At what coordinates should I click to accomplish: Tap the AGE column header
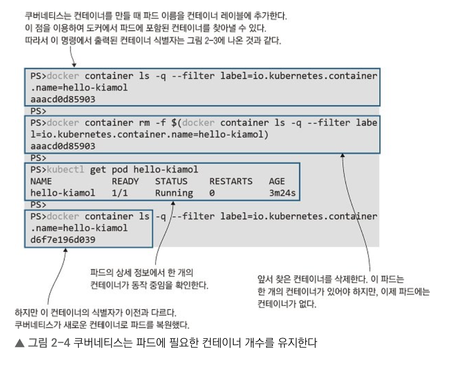tap(277, 181)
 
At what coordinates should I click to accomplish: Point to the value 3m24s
tap(283, 193)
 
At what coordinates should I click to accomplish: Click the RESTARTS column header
tap(231, 181)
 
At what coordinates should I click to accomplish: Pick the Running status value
tap(174, 193)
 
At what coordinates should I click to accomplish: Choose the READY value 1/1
tap(120, 193)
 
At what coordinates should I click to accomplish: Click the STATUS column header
tap(171, 181)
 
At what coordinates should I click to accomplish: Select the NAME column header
tap(41, 181)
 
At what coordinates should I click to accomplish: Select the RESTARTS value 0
tap(212, 193)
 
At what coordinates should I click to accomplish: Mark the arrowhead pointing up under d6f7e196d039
tap(66, 251)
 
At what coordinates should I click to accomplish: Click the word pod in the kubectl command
tap(120, 170)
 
